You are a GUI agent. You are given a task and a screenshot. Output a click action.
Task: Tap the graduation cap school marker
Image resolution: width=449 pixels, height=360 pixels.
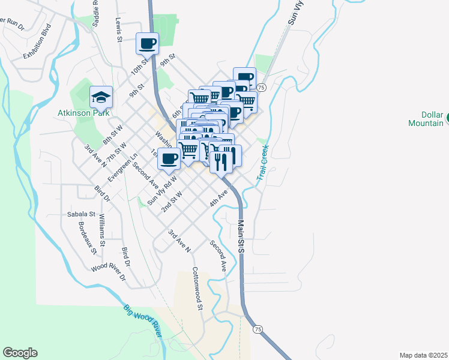click(101, 97)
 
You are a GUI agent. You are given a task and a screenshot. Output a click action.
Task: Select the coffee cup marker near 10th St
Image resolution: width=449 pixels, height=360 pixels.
click(148, 43)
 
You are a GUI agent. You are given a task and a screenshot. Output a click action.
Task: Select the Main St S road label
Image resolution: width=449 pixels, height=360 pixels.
click(240, 235)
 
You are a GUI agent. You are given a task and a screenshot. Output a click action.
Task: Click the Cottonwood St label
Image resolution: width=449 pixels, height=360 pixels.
click(197, 289)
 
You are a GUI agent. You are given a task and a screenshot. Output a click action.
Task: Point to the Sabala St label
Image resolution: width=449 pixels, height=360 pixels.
click(80, 214)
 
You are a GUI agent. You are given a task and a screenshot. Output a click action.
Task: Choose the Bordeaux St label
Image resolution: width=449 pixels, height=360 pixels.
click(88, 238)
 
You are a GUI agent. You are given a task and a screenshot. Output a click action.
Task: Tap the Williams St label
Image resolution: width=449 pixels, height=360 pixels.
click(103, 230)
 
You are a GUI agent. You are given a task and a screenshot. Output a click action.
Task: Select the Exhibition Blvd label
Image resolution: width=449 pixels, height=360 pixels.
click(38, 41)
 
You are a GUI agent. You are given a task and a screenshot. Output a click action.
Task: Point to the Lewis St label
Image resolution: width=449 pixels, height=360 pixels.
click(119, 29)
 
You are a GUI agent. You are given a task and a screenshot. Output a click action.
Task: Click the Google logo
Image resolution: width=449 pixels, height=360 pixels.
click(20, 353)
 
